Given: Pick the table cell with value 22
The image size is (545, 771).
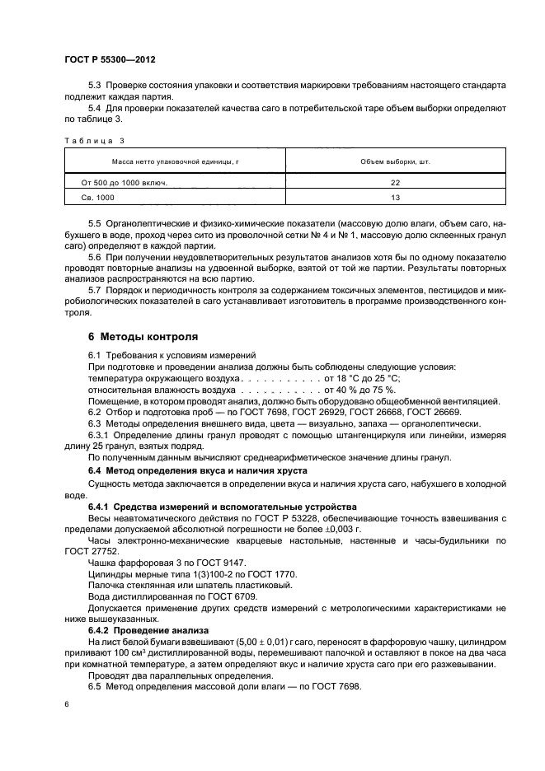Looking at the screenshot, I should (395, 183).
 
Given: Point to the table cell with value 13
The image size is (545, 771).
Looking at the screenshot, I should (395, 198).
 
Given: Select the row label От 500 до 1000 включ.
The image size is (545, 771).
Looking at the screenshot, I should (124, 183).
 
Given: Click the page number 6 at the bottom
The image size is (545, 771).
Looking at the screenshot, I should (66, 705).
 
